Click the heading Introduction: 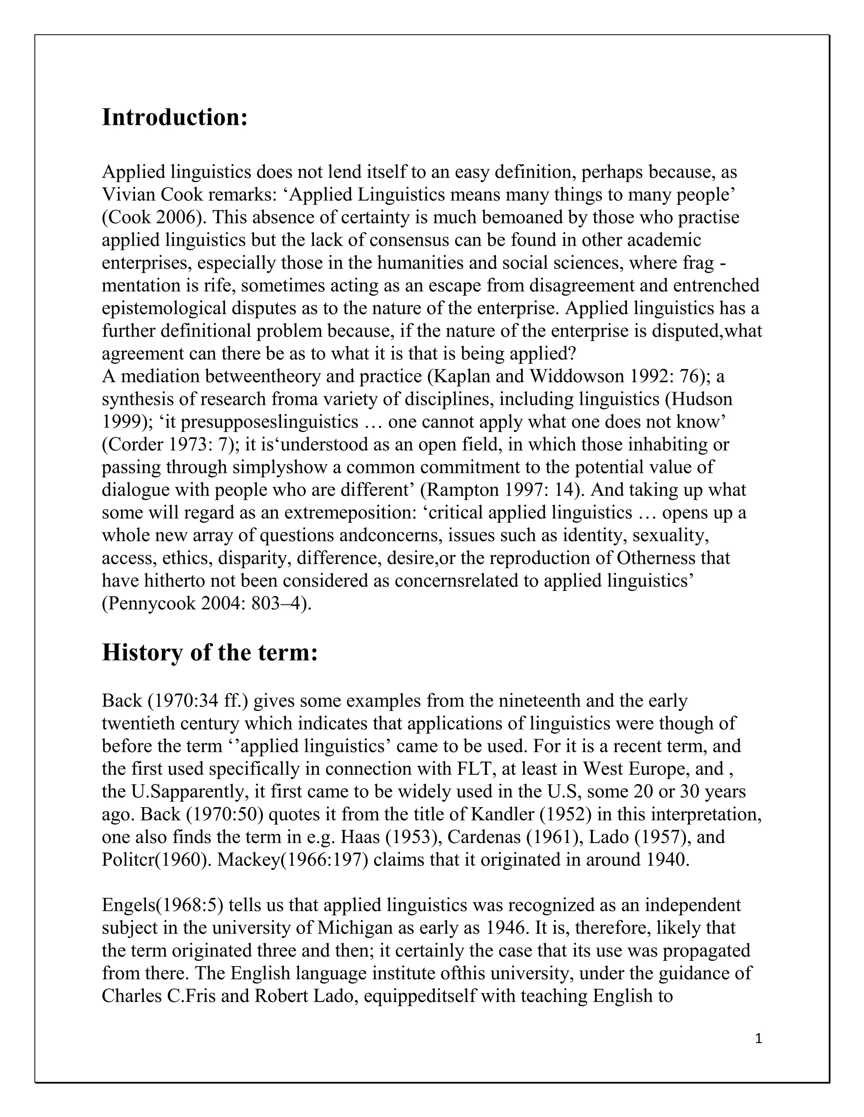coord(175,117)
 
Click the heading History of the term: coord(209,652)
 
